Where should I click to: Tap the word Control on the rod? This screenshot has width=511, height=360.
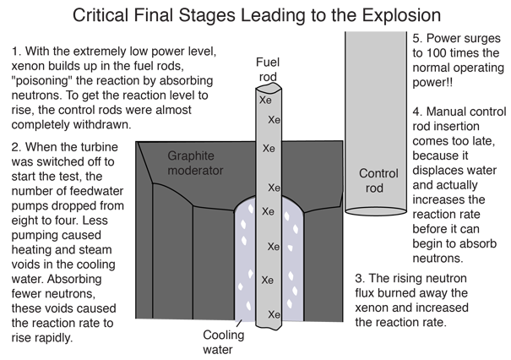378,174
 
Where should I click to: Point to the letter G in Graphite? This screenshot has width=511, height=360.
172,155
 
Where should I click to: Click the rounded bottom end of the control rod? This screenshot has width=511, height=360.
378,211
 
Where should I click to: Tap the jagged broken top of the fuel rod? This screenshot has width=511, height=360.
269,88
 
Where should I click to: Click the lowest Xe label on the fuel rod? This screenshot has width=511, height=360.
274,314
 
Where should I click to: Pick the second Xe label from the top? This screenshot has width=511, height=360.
274,120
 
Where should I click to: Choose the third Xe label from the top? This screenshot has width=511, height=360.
269,149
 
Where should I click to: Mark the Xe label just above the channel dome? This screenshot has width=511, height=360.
274,187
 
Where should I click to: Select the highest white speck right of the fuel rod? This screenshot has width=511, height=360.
288,217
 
